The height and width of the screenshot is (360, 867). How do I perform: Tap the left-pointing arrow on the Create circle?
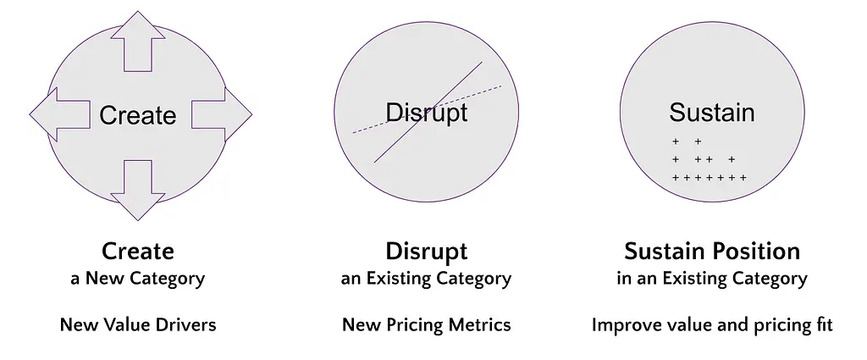click(60, 114)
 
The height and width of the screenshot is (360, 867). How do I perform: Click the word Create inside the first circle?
click(138, 115)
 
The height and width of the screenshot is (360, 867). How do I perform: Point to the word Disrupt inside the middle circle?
click(427, 113)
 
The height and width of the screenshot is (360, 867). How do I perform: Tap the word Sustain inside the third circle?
click(711, 113)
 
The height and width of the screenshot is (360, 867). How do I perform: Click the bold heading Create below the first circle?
click(138, 251)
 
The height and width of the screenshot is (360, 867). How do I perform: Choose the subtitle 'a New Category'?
click(138, 279)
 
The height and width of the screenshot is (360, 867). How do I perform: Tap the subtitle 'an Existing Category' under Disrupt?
click(426, 279)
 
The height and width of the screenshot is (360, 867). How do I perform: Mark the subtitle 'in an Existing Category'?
click(711, 279)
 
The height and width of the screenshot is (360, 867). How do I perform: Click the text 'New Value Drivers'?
click(138, 324)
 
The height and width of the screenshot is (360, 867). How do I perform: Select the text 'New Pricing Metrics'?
click(427, 325)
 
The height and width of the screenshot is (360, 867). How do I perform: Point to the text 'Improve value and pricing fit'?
click(711, 325)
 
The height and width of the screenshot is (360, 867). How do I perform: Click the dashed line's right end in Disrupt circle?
click(502, 86)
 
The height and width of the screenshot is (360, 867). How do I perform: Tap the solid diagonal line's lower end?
click(374, 163)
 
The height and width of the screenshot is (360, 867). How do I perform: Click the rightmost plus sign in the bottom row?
click(743, 178)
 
